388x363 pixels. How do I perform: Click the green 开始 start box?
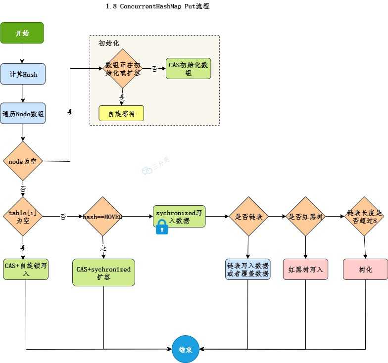(x=22, y=33)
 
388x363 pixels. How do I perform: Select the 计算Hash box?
(x=23, y=74)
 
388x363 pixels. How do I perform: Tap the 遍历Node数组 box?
(x=23, y=113)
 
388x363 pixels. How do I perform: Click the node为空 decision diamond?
(x=23, y=161)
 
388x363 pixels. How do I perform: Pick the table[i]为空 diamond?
(x=23, y=216)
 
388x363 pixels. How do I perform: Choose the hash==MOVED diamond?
(x=103, y=217)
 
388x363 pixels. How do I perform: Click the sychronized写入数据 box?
(x=179, y=216)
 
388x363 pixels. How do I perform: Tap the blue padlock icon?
(x=162, y=227)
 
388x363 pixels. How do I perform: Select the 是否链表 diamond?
(x=248, y=217)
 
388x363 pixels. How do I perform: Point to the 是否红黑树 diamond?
(x=305, y=217)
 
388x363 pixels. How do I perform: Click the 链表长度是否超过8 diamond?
(x=364, y=217)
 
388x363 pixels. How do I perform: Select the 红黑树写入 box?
(x=305, y=270)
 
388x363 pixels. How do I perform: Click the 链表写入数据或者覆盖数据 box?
(x=248, y=270)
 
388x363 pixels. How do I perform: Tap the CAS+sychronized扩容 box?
(x=103, y=272)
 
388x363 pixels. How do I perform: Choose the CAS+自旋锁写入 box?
(x=26, y=269)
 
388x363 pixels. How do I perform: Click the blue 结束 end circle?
(x=185, y=349)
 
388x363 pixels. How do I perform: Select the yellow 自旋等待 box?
(x=121, y=114)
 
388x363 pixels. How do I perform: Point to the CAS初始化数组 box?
(x=188, y=68)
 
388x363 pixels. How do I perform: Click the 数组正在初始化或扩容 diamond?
(x=123, y=68)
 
